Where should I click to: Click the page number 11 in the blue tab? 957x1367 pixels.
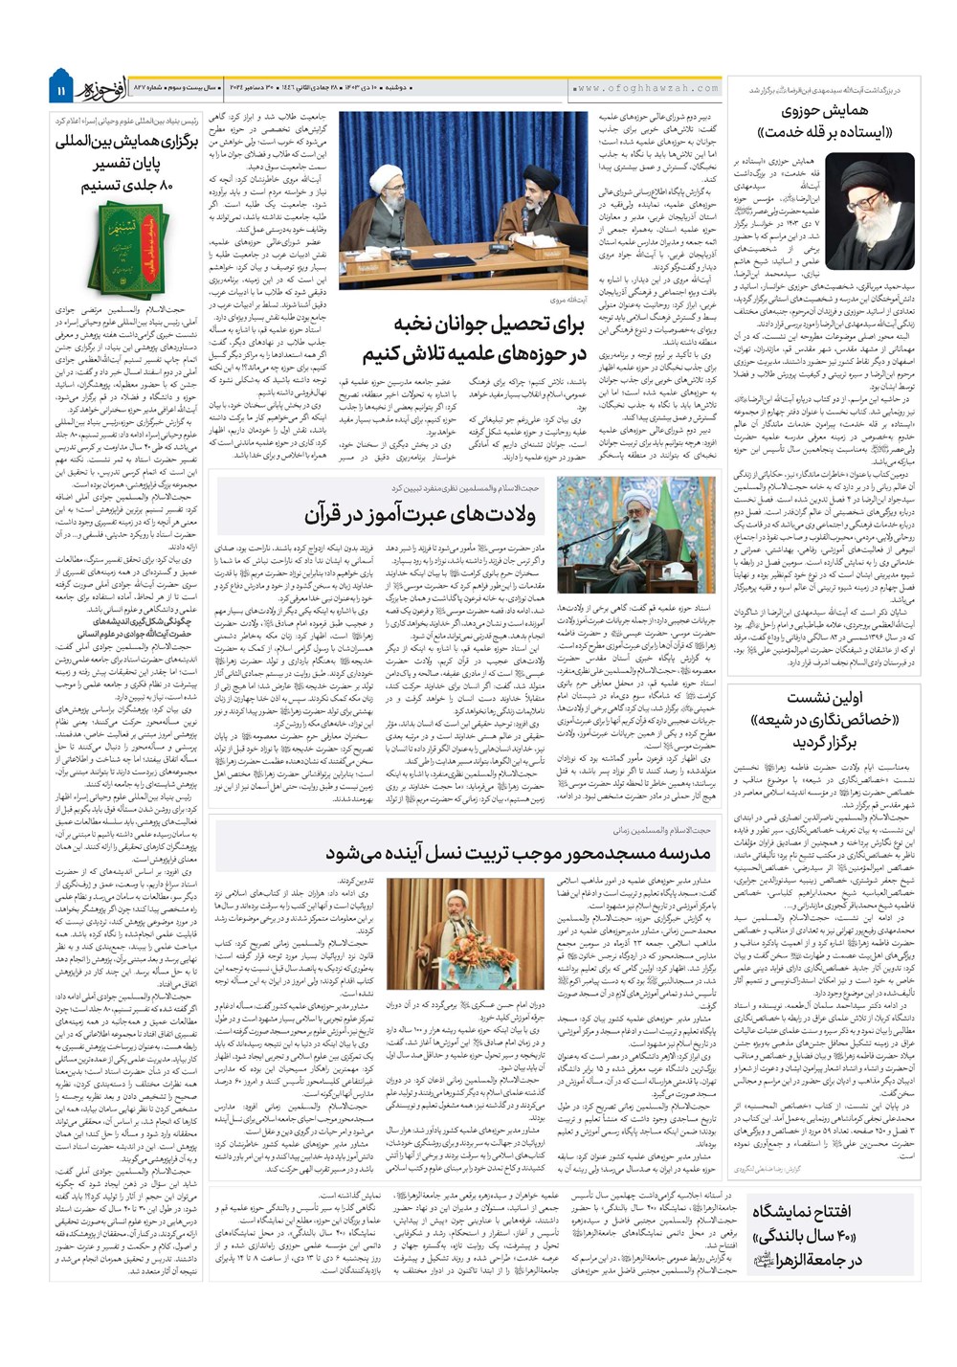pos(59,90)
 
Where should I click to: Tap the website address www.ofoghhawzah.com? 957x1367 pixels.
pos(648,88)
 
